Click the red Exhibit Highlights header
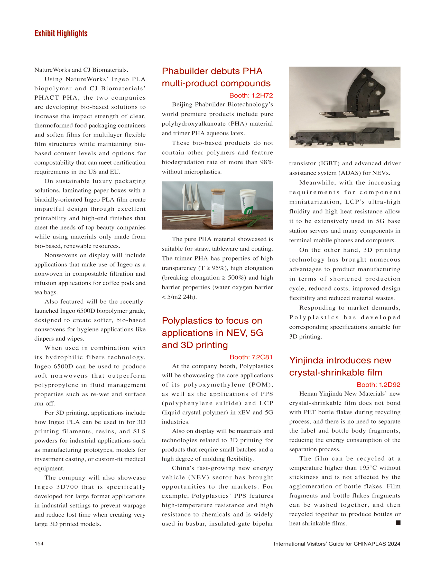pyautogui.click(x=61, y=33)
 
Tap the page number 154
pyautogui.click(x=39, y=543)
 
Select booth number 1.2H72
pyautogui.click(x=251, y=95)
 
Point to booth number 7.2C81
pyautogui.click(x=251, y=357)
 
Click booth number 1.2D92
pyautogui.click(x=378, y=385)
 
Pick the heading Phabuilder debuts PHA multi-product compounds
pyautogui.click(x=216, y=77)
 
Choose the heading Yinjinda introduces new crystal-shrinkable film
pyautogui.click(x=340, y=366)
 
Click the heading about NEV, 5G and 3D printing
pyautogui.click(x=212, y=333)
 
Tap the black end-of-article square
pyautogui.click(x=398, y=523)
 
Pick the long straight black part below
pyautogui.click(x=344, y=137)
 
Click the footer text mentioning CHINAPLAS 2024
pyautogui.click(x=337, y=544)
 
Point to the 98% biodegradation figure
pyautogui.click(x=266, y=162)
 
